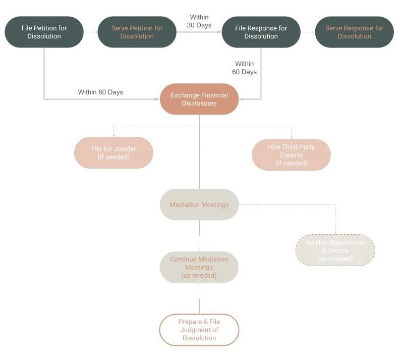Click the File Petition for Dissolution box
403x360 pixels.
(44, 32)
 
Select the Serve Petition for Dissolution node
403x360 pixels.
(137, 32)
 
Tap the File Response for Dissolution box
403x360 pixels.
(261, 32)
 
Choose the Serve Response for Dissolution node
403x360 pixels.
(354, 32)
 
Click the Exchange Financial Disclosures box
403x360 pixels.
(199, 99)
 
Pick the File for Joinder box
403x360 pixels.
(113, 152)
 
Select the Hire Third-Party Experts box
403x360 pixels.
(291, 155)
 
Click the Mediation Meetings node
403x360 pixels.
(199, 204)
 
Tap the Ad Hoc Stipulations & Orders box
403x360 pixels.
(335, 250)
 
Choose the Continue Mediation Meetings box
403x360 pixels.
(199, 267)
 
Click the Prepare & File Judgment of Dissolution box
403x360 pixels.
(199, 330)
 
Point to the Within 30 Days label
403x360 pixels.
(199, 21)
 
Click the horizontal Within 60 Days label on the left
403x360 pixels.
(100, 92)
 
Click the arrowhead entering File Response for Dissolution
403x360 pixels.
(219, 32)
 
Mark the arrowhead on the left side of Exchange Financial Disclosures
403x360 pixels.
(157, 99)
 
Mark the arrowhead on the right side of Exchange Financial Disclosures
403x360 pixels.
(241, 99)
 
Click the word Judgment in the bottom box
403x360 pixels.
(199, 330)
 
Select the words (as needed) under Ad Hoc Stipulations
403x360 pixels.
(335, 259)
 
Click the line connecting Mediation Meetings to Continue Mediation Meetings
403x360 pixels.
(199, 236)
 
